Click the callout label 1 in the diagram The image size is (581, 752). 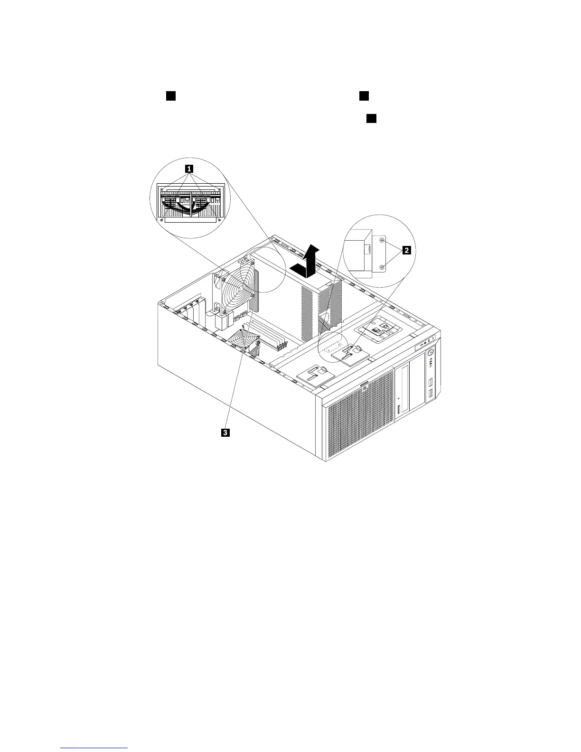tap(189, 168)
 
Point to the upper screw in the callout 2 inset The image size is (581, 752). tap(383, 241)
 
